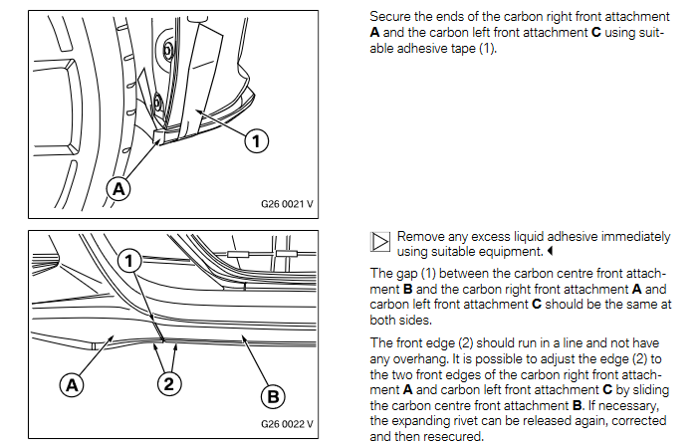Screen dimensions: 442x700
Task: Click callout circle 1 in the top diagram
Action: (257, 141)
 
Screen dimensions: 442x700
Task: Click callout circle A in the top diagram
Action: (118, 187)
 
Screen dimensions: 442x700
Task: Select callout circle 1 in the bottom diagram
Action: (130, 261)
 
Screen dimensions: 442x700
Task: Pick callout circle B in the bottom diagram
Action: (272, 397)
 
